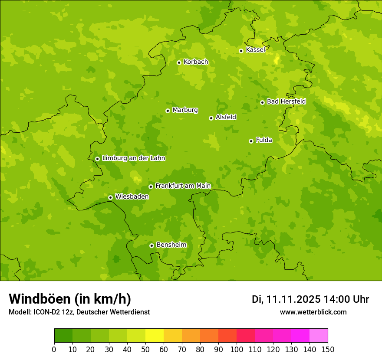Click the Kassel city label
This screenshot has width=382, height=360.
coord(255,50)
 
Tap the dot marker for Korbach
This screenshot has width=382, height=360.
coord(179,62)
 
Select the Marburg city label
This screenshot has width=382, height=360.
coord(185,110)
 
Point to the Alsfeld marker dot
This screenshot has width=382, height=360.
coord(211,118)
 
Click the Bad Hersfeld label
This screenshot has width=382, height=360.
coord(286,101)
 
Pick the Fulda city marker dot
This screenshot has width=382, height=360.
coord(251,141)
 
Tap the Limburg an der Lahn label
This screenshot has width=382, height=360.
coord(133,158)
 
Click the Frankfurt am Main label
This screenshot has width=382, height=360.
coord(183,186)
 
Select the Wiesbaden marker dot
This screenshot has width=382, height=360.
coord(110,197)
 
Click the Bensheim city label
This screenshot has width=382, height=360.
coord(171,245)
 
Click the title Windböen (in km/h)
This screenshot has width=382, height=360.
coord(70,299)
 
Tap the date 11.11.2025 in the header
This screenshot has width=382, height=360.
coord(293,299)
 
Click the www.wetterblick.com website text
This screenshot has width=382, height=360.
coord(313,312)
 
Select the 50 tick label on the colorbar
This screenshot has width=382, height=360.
coord(145,350)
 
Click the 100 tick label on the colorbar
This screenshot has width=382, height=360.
coord(237,350)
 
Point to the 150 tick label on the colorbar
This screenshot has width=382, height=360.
coord(328,350)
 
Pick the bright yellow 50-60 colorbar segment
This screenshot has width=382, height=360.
coord(155,336)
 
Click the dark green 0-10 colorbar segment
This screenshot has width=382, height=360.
coord(63,336)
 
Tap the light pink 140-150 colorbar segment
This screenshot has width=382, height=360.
coord(319,336)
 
